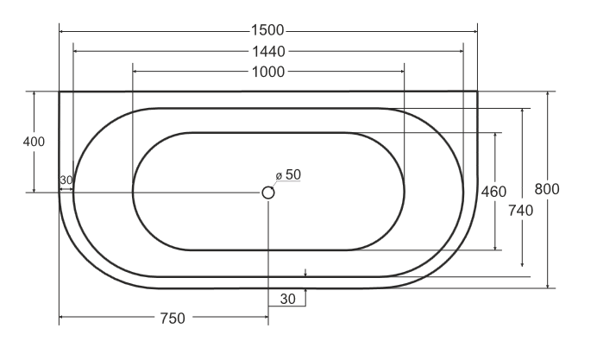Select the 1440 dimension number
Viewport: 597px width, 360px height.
click(268, 52)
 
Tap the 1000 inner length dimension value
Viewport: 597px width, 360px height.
click(268, 72)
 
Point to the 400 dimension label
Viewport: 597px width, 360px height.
click(34, 142)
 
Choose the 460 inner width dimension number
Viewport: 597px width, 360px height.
click(493, 191)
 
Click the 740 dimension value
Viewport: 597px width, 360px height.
click(522, 209)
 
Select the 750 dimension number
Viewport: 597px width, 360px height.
click(173, 319)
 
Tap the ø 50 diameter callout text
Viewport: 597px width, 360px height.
click(288, 174)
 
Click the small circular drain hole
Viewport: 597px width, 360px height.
click(268, 193)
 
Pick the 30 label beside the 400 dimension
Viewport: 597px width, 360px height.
click(66, 180)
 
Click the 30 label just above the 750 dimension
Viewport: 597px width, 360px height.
click(286, 299)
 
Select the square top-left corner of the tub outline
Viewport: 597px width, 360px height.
click(60, 92)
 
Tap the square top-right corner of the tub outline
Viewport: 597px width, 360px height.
click(477, 92)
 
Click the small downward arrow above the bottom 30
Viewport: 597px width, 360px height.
click(305, 275)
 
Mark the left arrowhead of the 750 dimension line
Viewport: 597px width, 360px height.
click(62, 319)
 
